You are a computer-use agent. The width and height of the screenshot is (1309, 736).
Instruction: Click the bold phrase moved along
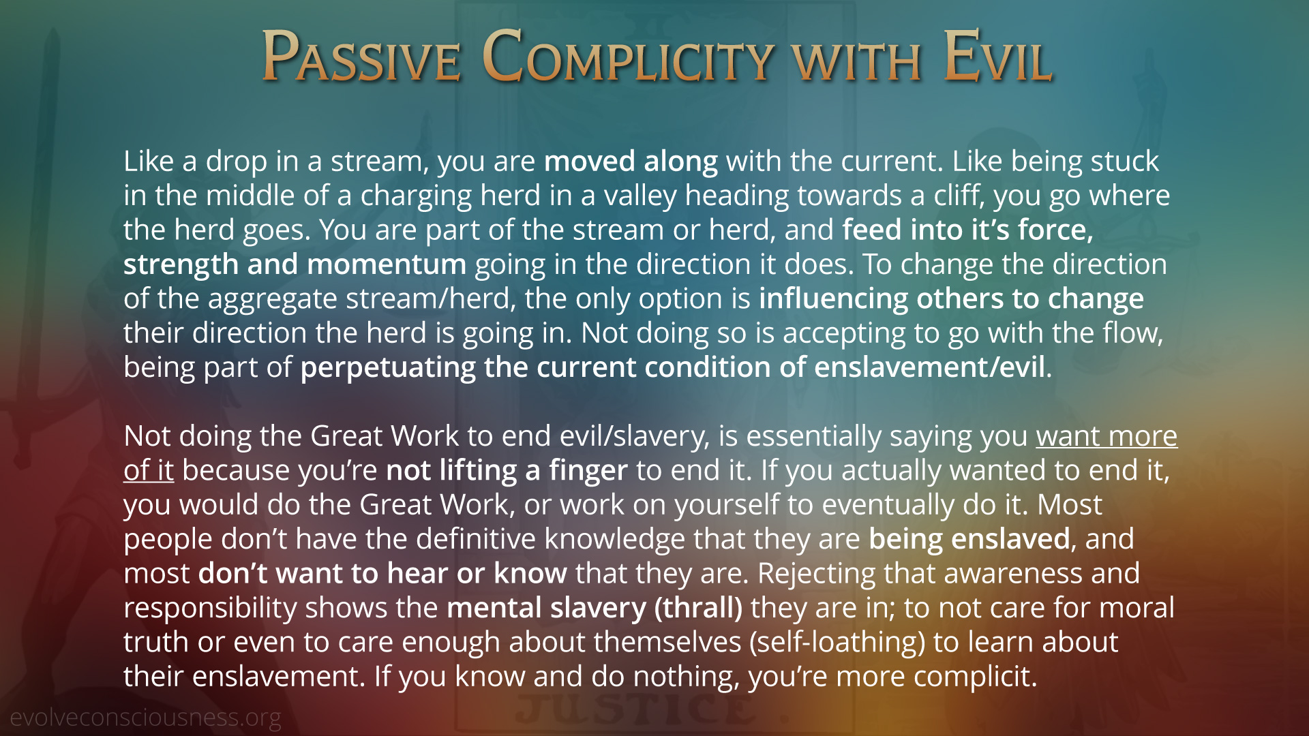click(x=631, y=162)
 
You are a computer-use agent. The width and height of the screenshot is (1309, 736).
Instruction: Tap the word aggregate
click(x=272, y=298)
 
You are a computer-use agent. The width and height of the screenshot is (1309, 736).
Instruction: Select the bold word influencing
click(x=833, y=298)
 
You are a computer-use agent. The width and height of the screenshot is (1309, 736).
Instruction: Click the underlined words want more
click(x=1107, y=436)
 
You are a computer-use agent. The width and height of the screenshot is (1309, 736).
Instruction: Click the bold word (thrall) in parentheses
click(x=698, y=608)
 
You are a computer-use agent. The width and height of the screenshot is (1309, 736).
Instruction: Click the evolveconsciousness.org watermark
click(x=145, y=718)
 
